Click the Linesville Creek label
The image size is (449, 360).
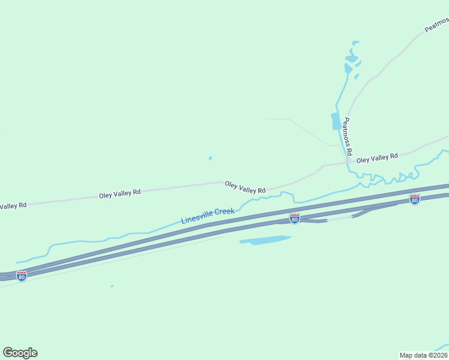tap(208, 216)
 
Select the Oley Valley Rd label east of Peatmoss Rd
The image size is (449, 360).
tap(377, 158)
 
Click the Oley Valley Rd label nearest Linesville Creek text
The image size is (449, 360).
tap(245, 187)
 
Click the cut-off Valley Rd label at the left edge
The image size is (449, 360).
tap(13, 206)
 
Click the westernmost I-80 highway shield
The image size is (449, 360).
tap(22, 276)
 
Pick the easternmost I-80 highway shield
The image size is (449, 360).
tap(414, 199)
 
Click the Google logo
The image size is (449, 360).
tap(20, 353)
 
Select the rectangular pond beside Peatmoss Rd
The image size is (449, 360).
tap(335, 121)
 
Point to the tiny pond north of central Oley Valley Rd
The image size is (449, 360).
tap(210, 158)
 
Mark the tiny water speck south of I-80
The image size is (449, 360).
tap(112, 286)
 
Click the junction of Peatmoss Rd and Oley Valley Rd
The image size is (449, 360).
tap(349, 161)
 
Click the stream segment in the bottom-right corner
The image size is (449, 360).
tap(441, 347)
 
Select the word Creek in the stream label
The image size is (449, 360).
tap(223, 212)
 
